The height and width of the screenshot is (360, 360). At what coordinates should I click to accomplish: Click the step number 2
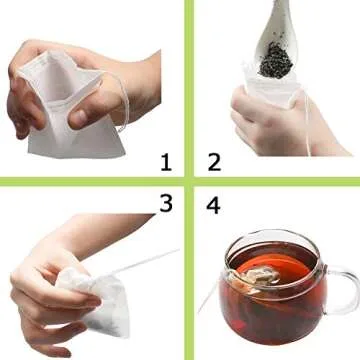point(213,161)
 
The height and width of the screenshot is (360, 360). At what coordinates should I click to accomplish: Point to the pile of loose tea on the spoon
point(277,61)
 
